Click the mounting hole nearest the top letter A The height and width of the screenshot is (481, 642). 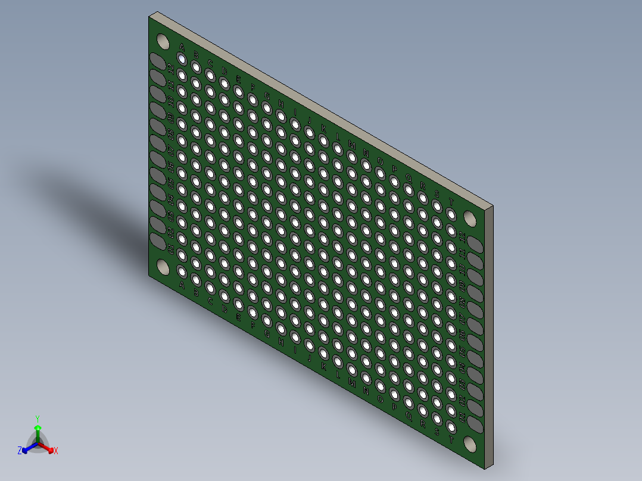click(162, 41)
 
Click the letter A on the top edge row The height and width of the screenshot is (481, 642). click(182, 48)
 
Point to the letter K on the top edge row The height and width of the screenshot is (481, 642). click(323, 128)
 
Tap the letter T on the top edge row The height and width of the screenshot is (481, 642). click(451, 202)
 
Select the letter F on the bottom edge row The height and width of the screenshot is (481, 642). click(253, 326)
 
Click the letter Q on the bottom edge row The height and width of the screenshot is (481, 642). click(409, 415)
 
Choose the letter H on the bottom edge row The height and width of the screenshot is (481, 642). click(281, 342)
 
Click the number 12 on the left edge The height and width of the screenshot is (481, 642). click(172, 70)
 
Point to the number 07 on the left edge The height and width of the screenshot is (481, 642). click(172, 151)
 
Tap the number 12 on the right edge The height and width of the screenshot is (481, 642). click(462, 237)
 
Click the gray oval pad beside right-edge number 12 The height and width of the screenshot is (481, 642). click(475, 243)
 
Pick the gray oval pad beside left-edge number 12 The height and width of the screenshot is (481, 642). click(158, 61)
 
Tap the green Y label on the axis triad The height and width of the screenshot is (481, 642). click(37, 418)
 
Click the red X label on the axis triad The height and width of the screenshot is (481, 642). click(56, 451)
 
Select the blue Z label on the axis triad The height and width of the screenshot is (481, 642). click(20, 451)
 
